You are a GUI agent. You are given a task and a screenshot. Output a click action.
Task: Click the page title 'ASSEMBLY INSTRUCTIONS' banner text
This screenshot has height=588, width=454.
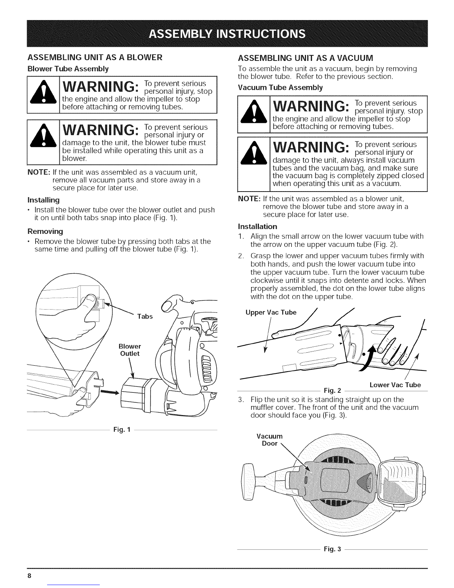click(x=227, y=34)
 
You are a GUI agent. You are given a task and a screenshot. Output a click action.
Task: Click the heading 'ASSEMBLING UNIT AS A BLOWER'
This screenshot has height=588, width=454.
click(x=95, y=58)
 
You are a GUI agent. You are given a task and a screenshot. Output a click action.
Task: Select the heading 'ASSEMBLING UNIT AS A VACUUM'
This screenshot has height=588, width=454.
click(x=305, y=58)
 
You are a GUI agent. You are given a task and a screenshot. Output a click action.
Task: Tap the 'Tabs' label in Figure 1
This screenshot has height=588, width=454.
click(x=145, y=316)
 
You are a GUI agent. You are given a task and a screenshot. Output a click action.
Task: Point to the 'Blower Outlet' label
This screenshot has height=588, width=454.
click(x=130, y=350)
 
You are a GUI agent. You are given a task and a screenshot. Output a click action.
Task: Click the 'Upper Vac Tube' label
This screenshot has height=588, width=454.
click(x=271, y=312)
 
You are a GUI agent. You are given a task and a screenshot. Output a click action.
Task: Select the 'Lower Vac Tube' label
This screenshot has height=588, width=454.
click(x=395, y=385)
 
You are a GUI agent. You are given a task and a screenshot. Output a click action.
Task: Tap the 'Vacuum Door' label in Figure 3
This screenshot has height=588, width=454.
click(x=269, y=440)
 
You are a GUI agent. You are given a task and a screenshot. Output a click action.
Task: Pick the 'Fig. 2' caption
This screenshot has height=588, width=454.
click(x=332, y=391)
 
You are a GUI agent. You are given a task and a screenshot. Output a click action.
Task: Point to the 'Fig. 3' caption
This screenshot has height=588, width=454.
click(x=332, y=549)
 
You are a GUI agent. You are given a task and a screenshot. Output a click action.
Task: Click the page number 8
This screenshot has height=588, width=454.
click(x=29, y=575)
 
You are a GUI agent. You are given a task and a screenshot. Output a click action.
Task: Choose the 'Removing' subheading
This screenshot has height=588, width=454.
click(x=45, y=231)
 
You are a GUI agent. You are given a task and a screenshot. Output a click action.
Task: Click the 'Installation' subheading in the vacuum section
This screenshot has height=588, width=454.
click(x=257, y=226)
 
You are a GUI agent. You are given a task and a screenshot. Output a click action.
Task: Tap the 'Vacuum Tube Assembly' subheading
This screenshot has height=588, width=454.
click(x=280, y=88)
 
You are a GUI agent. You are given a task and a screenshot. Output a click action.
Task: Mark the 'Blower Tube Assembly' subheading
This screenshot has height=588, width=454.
click(x=68, y=69)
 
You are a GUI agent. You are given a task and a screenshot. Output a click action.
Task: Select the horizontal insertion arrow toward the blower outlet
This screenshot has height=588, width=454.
click(x=110, y=392)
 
